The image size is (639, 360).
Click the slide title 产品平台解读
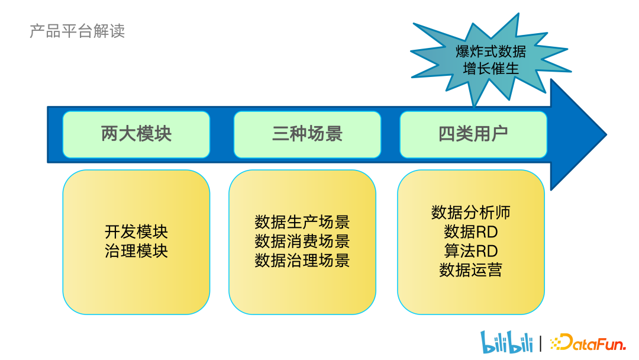[x=77, y=31]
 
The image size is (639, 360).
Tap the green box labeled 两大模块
[x=136, y=134]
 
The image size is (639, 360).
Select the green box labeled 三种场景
[x=307, y=134]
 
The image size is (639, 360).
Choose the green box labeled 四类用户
[x=473, y=134]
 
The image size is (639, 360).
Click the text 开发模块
[x=136, y=232]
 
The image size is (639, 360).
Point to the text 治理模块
[x=136, y=250]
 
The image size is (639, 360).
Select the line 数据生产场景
[x=302, y=222]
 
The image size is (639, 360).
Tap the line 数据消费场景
[x=302, y=241]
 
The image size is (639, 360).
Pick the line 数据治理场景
[x=302, y=260]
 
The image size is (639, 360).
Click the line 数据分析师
[x=471, y=213]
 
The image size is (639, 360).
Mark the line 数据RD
[x=471, y=232]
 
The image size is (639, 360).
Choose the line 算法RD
[x=471, y=250]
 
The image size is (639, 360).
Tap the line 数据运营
[x=471, y=270]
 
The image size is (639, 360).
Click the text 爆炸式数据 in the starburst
[x=490, y=51]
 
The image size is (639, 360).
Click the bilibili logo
[x=506, y=342]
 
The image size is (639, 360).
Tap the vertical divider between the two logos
[x=540, y=343]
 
